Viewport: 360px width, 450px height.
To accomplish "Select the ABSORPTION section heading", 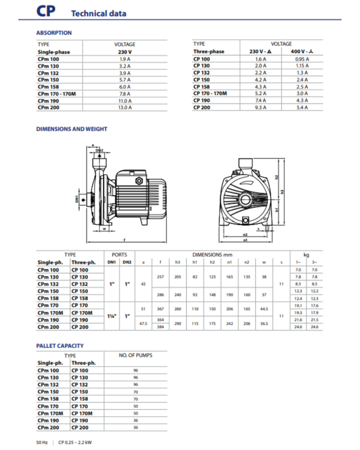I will (54, 33).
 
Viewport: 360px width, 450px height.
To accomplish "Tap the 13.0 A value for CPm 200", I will (125, 108).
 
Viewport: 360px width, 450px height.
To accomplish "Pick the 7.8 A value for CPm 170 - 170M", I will (125, 94).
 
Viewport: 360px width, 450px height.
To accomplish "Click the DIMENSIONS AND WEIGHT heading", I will (72, 129).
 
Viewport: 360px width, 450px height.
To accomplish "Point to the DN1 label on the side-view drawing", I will (77, 199).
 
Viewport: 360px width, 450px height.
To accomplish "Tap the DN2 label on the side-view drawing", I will (99, 150).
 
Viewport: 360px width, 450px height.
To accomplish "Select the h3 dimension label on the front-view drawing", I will (283, 191).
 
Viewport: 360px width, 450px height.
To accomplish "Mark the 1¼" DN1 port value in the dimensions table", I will (112, 316).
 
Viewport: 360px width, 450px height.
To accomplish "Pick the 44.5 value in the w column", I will (264, 309).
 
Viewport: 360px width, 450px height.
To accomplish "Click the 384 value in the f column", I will (160, 327).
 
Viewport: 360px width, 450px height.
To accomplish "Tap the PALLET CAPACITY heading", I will (60, 346).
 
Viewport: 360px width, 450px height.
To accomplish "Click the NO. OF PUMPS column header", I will (135, 355).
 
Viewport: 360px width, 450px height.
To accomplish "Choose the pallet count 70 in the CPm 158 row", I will (135, 399).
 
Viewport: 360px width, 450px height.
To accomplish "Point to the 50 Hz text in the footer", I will (42, 442).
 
